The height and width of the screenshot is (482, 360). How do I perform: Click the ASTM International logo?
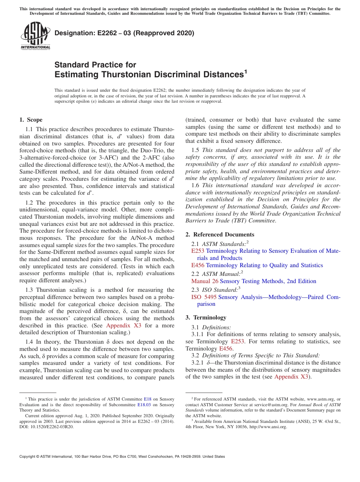point(35,36)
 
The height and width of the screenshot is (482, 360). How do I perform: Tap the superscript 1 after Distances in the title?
point(246,71)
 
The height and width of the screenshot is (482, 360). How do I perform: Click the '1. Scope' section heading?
point(31,120)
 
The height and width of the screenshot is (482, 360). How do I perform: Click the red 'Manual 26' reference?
point(205,281)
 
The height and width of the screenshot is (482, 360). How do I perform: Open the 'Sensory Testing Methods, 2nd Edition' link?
point(268,281)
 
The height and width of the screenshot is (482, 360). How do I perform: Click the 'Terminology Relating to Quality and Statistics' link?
point(264,265)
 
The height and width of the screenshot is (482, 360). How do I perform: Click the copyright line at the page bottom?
point(122,457)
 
